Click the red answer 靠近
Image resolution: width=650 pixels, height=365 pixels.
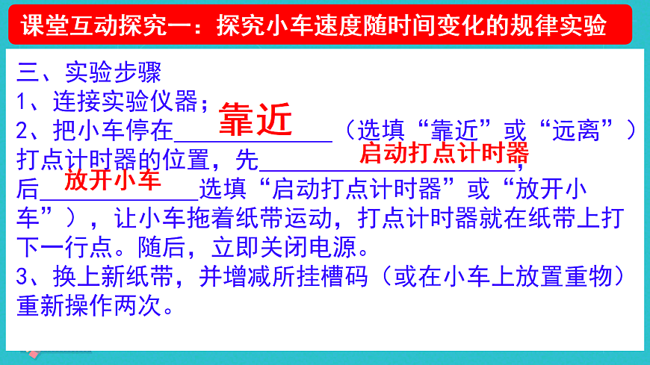(x=255, y=120)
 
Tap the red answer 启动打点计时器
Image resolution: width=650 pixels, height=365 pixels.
(x=444, y=154)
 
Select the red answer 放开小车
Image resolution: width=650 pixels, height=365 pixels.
(x=113, y=181)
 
